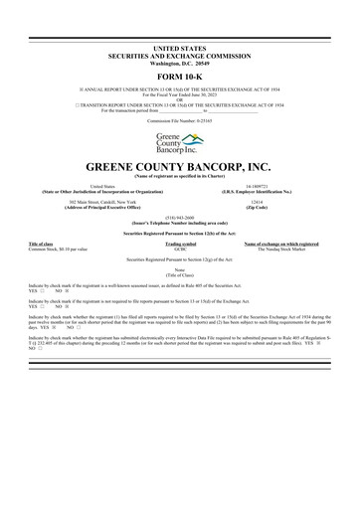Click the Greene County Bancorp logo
pos(180,142)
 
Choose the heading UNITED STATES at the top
pos(180,47)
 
